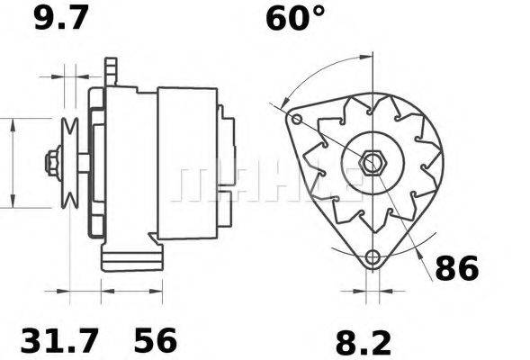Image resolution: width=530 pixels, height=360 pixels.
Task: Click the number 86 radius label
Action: point(457,268)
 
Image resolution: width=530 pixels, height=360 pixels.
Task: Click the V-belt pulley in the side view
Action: point(69,163)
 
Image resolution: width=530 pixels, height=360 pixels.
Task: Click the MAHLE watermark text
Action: point(270,183)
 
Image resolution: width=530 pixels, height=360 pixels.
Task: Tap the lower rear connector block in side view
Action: point(227,211)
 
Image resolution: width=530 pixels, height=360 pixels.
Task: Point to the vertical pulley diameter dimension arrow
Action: point(13,163)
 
